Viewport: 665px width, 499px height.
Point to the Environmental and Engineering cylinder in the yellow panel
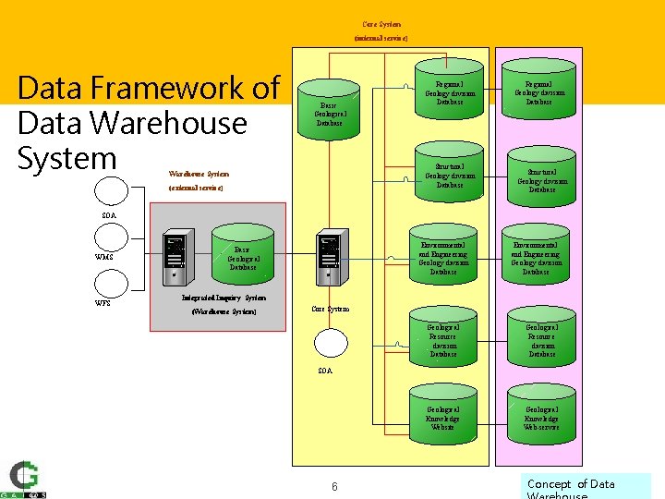pyautogui.click(x=443, y=254)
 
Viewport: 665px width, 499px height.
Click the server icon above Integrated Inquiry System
pyautogui.click(x=175, y=258)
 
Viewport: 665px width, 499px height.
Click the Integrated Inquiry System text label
pyautogui.click(x=224, y=298)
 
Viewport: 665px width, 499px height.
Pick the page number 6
pyautogui.click(x=334, y=486)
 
